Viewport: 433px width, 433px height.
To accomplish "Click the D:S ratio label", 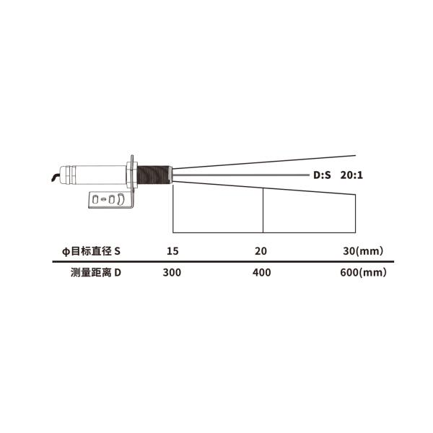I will (x=321, y=175).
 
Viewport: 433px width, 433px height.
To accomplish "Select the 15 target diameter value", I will (x=172, y=251).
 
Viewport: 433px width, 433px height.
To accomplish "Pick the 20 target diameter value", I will (x=261, y=251).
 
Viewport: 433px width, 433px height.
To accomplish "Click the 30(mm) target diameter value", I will (x=362, y=251).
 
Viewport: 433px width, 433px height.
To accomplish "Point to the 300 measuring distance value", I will (x=172, y=273).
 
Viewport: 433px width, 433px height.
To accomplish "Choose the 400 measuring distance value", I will (x=261, y=273).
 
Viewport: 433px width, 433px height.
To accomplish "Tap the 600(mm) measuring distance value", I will (x=363, y=273).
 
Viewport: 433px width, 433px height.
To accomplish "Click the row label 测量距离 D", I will (x=95, y=273).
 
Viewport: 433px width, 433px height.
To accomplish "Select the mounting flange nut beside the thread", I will (x=132, y=174).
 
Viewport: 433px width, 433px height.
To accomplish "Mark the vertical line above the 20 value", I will (x=263, y=211).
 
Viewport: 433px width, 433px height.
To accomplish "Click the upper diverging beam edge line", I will (x=274, y=162).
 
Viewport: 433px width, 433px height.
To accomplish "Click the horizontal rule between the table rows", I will (x=216, y=262).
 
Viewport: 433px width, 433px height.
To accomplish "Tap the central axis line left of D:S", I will (x=238, y=174).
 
